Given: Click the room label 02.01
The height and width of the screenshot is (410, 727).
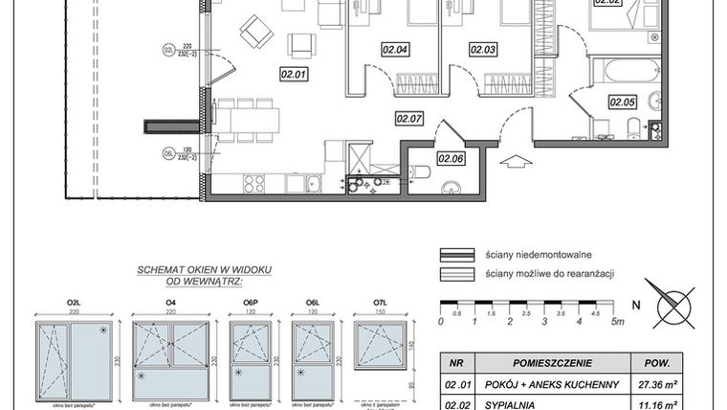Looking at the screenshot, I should coord(293,72).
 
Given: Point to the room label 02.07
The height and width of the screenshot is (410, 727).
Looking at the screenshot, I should coord(409,119).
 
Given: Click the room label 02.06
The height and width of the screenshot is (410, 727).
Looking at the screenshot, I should coord(451,159).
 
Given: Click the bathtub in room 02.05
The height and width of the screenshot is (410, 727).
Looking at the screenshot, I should coord(626,72).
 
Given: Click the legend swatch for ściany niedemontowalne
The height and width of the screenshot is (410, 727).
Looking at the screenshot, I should coord(457,255).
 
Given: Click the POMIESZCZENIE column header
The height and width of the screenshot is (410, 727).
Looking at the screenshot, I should coord(552,364).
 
